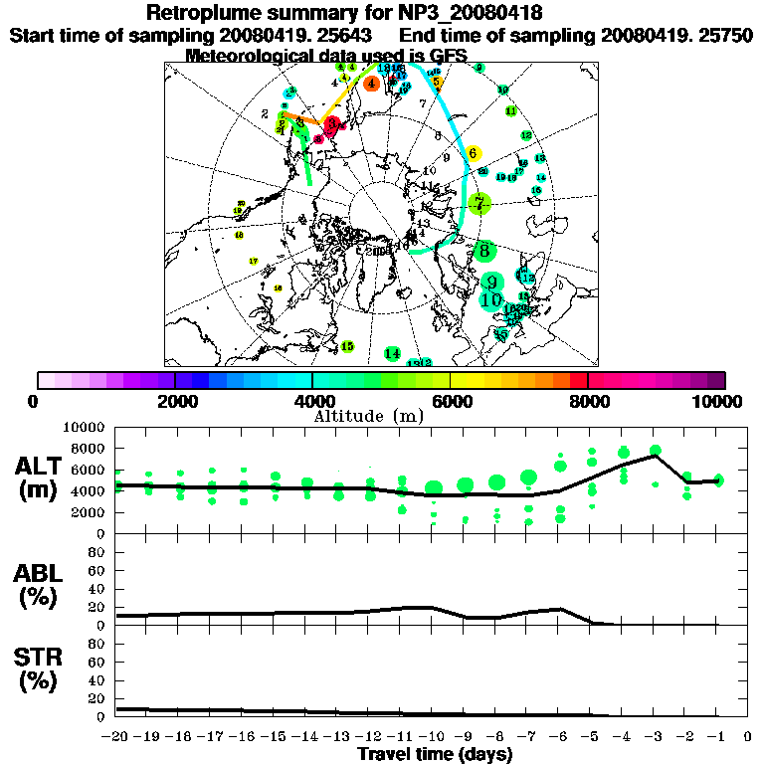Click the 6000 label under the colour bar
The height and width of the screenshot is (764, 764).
[x=451, y=401]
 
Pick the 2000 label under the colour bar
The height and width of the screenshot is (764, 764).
[x=175, y=401]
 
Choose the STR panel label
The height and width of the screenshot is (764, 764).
[x=39, y=668]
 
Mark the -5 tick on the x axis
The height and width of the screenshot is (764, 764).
[x=591, y=737]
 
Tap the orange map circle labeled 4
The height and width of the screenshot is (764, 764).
[x=371, y=84]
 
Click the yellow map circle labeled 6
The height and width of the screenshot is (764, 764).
[x=474, y=153]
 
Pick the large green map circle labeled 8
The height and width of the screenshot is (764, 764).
[x=484, y=250]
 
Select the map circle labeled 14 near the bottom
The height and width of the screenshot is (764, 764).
[x=392, y=354]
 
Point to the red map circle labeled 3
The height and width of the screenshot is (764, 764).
[x=333, y=125]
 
